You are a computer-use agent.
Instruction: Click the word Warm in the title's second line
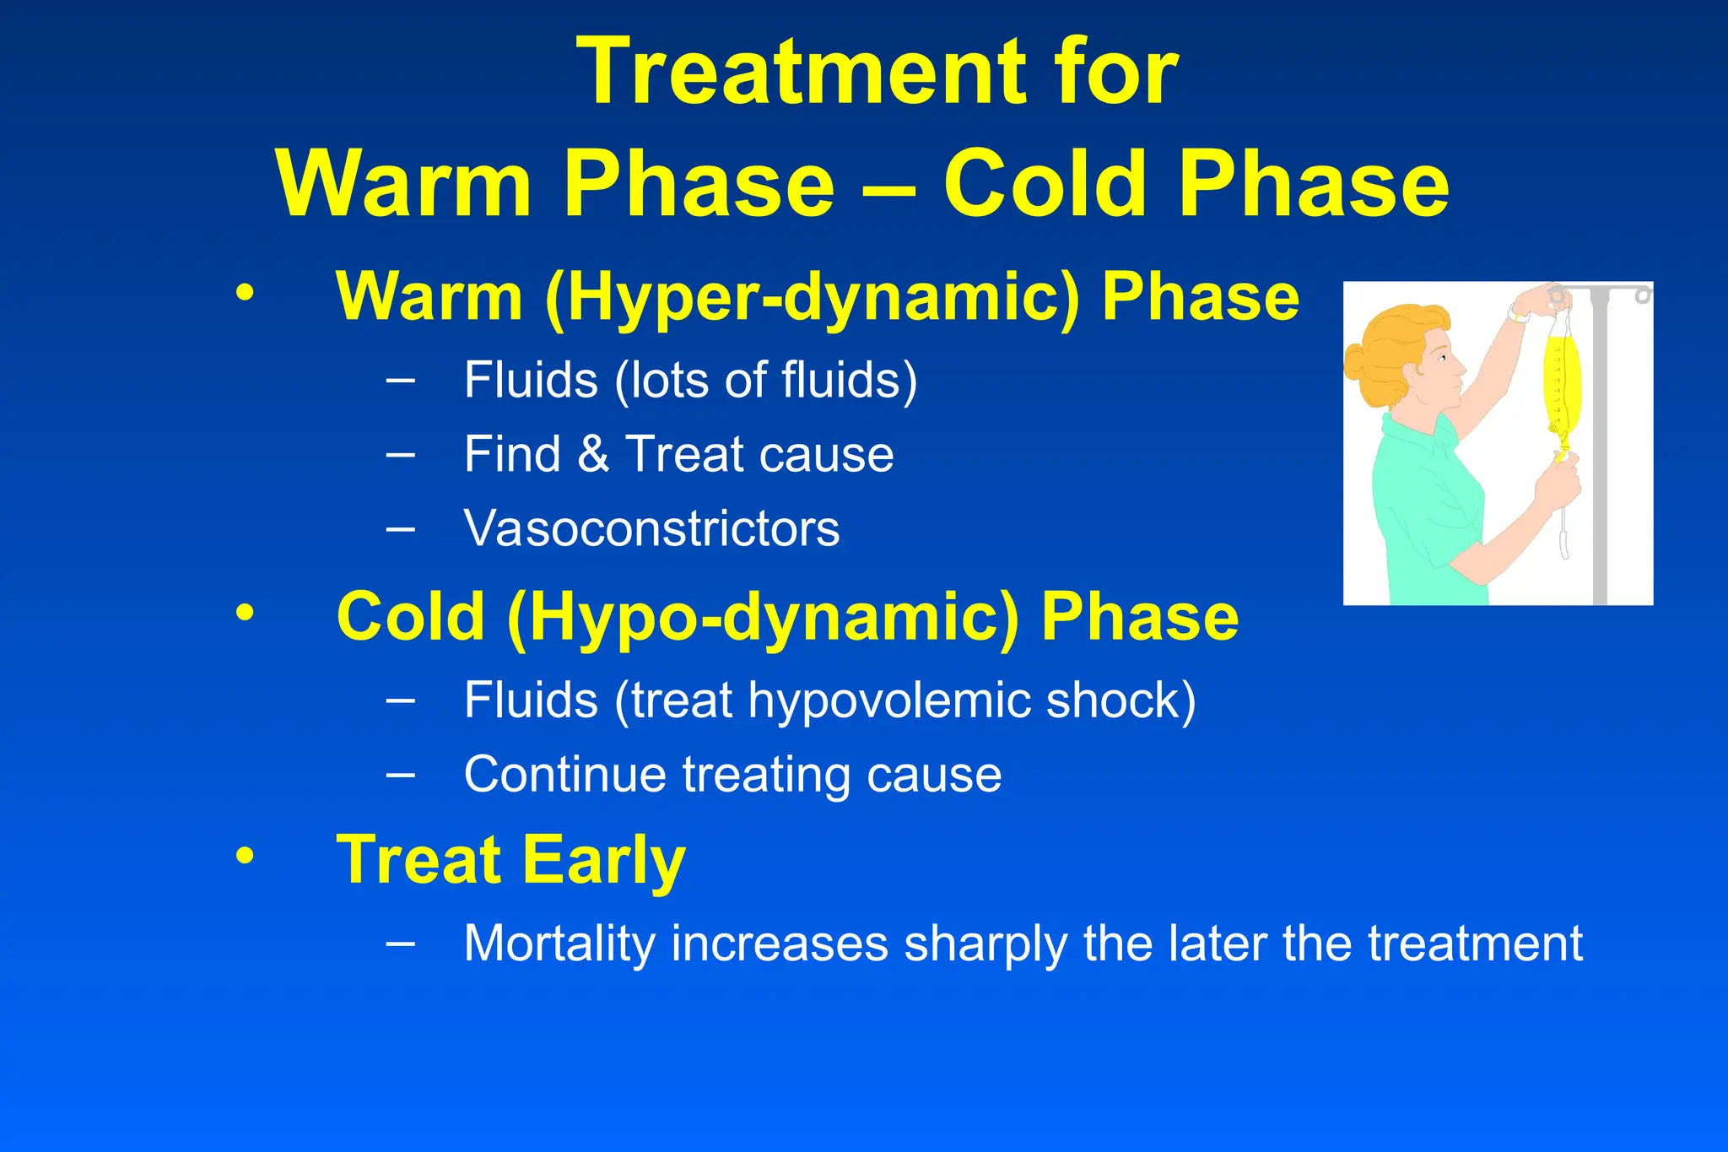[x=404, y=183]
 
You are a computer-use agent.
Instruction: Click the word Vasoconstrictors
[x=651, y=528]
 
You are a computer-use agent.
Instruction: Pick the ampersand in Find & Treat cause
[x=593, y=454]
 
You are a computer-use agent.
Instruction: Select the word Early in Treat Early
[x=603, y=860]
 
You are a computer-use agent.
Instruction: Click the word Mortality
[x=559, y=944]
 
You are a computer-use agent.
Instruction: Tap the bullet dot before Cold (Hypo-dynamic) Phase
[x=245, y=614]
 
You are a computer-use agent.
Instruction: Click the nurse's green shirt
[x=1426, y=506]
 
